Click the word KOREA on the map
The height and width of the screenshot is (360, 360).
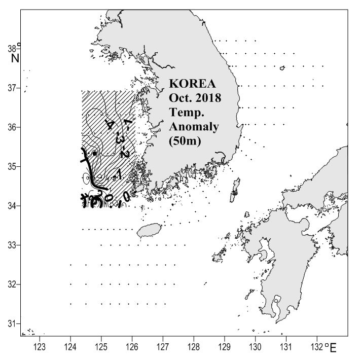tap(195, 83)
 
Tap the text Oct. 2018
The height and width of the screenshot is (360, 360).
tap(195, 97)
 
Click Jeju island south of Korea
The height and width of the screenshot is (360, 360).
tap(148, 231)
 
